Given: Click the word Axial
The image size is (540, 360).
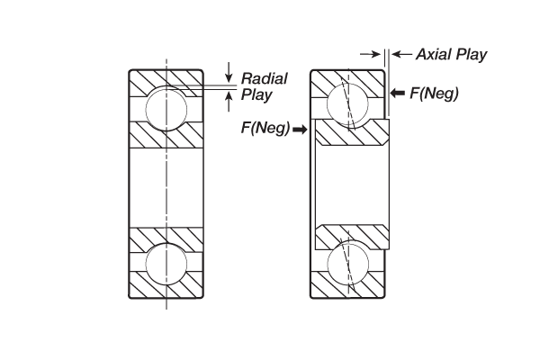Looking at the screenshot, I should coord(437,55).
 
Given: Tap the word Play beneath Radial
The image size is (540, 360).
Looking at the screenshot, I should coord(256,94).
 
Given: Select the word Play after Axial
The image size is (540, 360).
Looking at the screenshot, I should coord(473,55).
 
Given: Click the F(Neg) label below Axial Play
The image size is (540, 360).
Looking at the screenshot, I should coord(435,92).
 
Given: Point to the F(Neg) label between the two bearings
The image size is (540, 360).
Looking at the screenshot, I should coord(265,130).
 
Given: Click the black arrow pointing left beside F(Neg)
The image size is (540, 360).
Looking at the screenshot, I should coord(399,92).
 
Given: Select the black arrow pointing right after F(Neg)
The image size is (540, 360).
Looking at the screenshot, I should coord(300,130).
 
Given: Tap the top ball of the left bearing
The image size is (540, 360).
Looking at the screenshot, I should coord(166,107).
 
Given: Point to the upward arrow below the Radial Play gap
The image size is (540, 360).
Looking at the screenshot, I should coord(229,99).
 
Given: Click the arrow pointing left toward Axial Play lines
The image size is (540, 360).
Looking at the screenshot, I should coord(400,55).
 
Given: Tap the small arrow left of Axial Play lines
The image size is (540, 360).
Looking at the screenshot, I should coord(369,55).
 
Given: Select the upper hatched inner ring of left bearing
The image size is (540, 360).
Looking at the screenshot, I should coord(166,136).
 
